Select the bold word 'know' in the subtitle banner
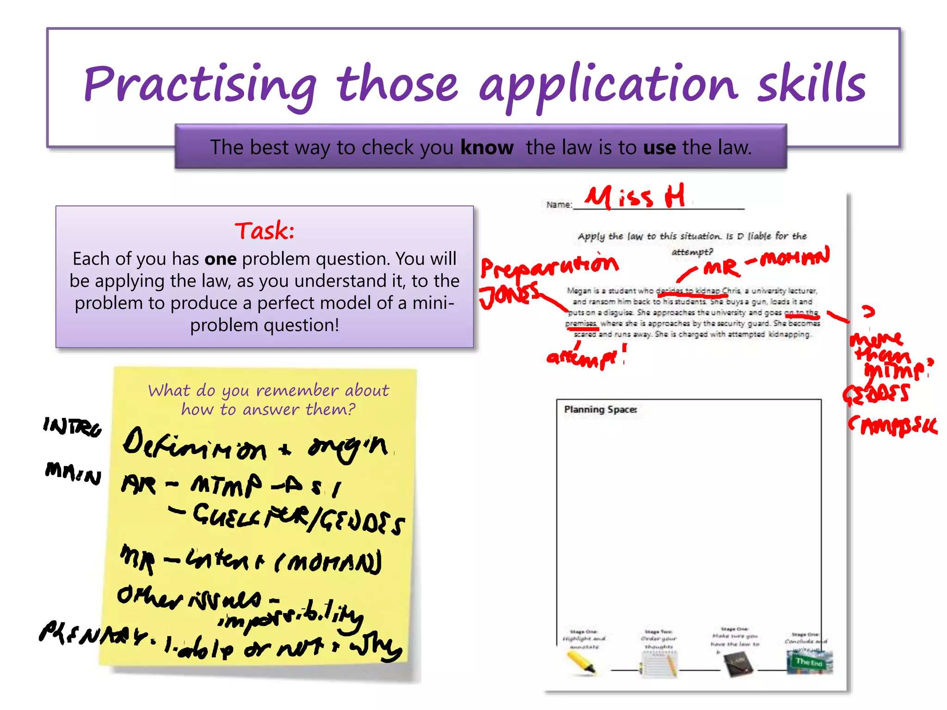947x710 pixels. [487, 147]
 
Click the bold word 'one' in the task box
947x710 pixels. [221, 259]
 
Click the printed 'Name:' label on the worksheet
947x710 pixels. [559, 204]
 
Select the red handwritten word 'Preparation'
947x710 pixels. [549, 266]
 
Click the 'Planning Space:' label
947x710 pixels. [600, 410]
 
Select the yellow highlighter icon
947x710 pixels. [581, 663]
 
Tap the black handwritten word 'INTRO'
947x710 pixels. [72, 427]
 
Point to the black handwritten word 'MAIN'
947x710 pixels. [73, 473]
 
